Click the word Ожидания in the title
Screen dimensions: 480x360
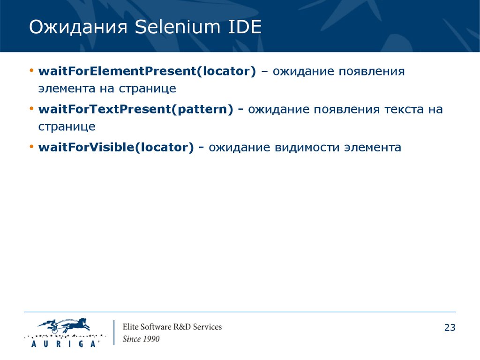pos(78,27)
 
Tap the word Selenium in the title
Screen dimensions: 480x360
pos(177,27)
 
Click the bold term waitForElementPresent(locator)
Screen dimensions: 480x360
pos(147,71)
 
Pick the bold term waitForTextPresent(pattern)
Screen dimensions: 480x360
pos(135,109)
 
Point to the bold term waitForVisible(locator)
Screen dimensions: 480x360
pos(116,147)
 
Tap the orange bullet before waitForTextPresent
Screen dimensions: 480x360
pos(31,109)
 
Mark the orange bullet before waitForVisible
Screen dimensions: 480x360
pos(31,147)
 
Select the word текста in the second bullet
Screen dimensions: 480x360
pos(404,110)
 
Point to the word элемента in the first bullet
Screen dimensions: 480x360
pos(67,89)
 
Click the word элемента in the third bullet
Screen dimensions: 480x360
pos(373,148)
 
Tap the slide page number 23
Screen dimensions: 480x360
pos(450,328)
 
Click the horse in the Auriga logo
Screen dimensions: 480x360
pos(75,325)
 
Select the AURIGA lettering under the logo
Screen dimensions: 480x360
pos(65,344)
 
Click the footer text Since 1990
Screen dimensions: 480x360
pos(141,339)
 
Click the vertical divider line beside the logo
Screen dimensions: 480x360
pos(114,332)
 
